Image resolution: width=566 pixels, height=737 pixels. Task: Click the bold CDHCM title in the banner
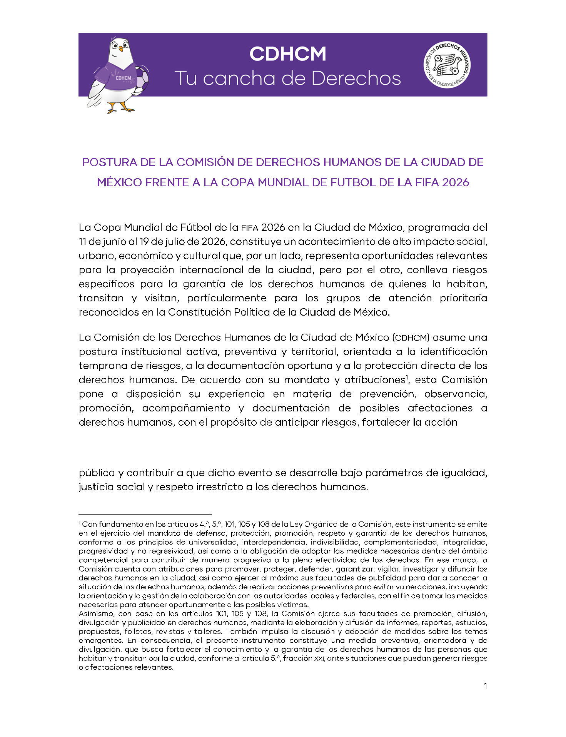(287, 54)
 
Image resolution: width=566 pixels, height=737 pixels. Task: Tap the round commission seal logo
(447, 65)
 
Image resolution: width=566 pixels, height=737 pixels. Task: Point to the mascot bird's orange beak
(121, 49)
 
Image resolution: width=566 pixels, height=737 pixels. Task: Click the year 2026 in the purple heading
(456, 182)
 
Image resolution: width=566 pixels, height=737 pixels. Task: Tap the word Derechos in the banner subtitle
(356, 79)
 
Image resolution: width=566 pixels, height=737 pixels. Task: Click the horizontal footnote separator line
(145, 514)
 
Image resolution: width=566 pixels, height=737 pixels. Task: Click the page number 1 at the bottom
(485, 686)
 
